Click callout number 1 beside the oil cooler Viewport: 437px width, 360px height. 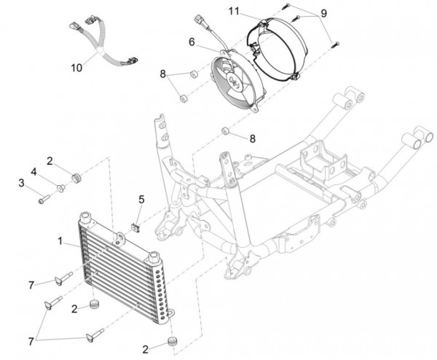click(x=60, y=241)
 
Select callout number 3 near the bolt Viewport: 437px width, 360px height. click(x=21, y=184)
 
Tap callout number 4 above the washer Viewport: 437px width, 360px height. click(x=34, y=172)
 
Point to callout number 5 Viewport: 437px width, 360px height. click(x=141, y=200)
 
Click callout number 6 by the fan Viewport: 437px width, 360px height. click(x=192, y=42)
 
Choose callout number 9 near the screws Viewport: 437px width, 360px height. click(x=323, y=13)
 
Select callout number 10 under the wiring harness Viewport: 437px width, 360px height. click(x=76, y=68)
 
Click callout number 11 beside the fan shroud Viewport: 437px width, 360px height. click(x=234, y=12)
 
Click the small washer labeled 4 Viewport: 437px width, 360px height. click(x=60, y=188)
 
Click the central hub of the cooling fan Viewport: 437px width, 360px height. click(x=234, y=80)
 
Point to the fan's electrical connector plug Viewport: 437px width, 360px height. click(x=200, y=20)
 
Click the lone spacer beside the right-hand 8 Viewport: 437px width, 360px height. click(x=225, y=130)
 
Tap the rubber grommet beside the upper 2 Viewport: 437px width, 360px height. click(x=76, y=178)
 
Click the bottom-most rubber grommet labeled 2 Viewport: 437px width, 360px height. click(x=173, y=341)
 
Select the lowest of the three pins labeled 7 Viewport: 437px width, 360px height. click(x=95, y=334)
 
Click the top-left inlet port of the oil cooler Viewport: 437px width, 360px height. click(x=85, y=216)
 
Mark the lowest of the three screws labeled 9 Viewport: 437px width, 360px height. click(x=335, y=44)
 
